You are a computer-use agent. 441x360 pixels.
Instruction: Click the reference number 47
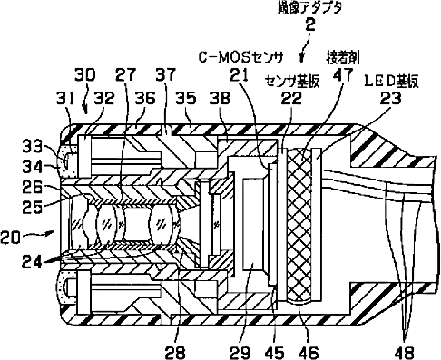(x=343, y=74)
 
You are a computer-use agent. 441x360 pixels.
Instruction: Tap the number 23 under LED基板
(x=390, y=98)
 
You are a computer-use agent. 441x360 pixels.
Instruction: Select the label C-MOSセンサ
(x=240, y=57)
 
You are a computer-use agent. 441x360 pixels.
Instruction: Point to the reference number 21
(x=239, y=74)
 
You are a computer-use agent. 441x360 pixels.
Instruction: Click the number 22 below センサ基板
(x=291, y=98)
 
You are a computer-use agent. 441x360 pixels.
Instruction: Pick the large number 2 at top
(x=309, y=25)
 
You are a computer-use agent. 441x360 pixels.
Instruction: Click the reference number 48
(x=404, y=353)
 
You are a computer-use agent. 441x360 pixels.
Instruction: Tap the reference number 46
(x=309, y=353)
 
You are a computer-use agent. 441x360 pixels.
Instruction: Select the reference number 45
(x=274, y=353)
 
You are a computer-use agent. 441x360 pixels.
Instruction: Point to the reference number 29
(x=240, y=353)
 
